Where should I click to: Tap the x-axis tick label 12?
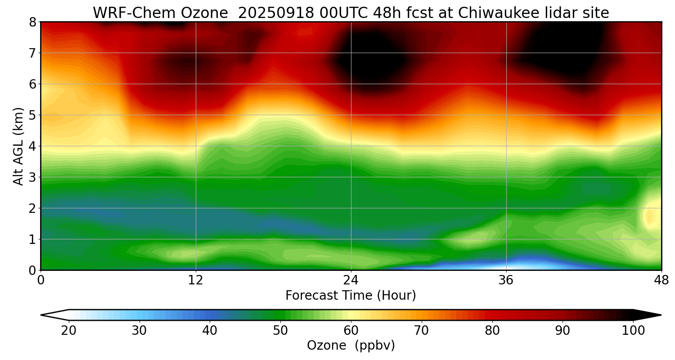(x=196, y=280)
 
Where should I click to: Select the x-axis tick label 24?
(x=351, y=280)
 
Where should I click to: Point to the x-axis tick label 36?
(x=506, y=280)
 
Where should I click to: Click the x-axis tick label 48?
(x=661, y=280)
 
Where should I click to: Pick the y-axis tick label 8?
(x=32, y=22)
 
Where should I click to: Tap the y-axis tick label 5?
(x=32, y=115)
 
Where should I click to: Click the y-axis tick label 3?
(x=32, y=177)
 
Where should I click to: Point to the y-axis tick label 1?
(x=32, y=239)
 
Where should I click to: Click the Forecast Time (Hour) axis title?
(x=351, y=296)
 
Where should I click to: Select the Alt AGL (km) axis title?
(x=18, y=146)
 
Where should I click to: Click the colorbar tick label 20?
(x=69, y=331)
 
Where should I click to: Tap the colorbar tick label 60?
(x=351, y=331)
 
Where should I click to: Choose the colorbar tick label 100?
(x=633, y=331)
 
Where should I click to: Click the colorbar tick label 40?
(x=210, y=331)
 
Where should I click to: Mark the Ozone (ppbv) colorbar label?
(x=351, y=346)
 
